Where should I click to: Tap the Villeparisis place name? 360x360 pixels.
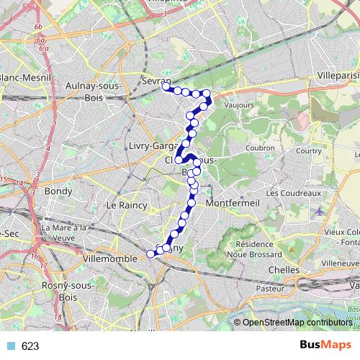(x=338, y=73)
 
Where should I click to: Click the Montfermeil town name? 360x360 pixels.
(x=227, y=204)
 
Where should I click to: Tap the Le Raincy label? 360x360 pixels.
(x=126, y=206)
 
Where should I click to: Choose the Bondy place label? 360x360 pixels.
(x=58, y=192)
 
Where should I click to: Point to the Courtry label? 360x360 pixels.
(x=307, y=151)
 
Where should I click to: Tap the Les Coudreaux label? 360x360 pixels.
(x=292, y=193)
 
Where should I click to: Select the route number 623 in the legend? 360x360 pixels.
(x=30, y=346)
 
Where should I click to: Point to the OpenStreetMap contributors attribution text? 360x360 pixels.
(x=297, y=323)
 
